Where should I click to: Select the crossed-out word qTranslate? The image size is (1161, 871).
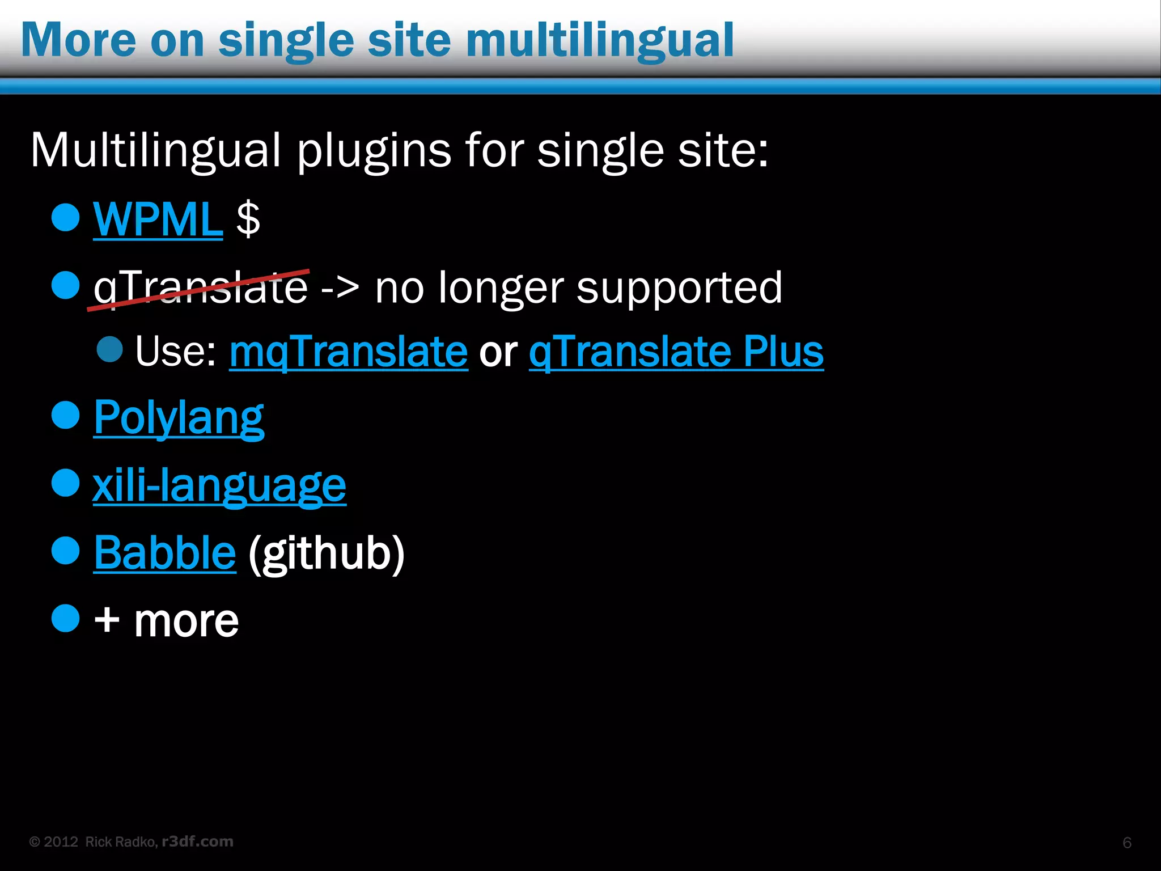tap(201, 288)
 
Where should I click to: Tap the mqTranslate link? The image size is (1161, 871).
tap(349, 352)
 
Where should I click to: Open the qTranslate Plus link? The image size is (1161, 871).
tap(676, 352)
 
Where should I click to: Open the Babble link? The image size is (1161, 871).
tap(164, 552)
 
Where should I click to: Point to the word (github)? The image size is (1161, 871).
tap(327, 553)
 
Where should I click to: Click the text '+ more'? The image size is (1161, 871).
tap(166, 620)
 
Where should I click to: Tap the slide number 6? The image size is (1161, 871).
tap(1127, 843)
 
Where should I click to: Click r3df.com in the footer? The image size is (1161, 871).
tap(197, 842)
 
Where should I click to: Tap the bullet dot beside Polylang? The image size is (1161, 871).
tap(65, 415)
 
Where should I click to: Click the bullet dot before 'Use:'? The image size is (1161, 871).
tap(110, 349)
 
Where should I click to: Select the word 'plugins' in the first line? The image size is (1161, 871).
tap(374, 152)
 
